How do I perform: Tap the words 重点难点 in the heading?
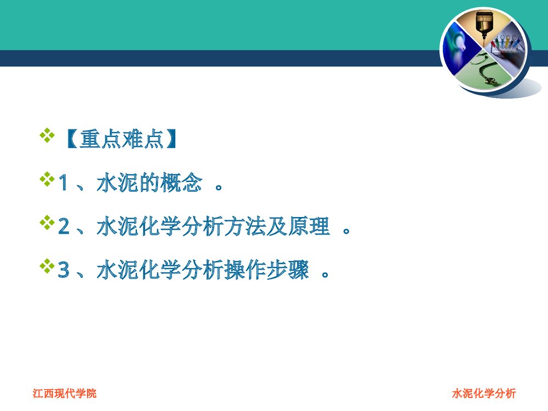[122, 140]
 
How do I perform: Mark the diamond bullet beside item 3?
[47, 266]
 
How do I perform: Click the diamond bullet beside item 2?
[47, 222]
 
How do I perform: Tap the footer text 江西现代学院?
[65, 393]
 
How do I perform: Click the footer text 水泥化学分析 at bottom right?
[484, 393]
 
